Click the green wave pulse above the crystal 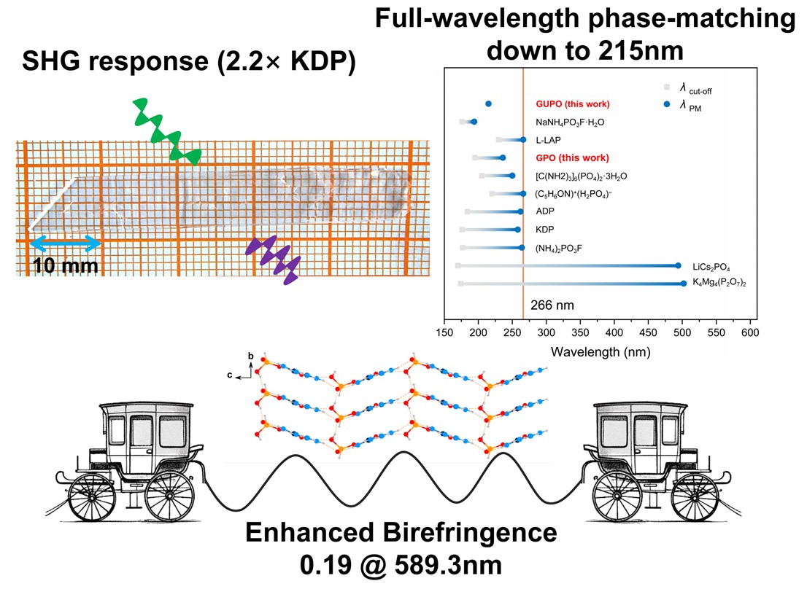166,132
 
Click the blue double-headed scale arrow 65,241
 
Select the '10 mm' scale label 66,265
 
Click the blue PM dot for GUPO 488,104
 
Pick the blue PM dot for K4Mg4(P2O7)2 683,284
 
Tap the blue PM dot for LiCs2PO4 678,266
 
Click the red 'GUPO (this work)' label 572,104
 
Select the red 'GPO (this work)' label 571,158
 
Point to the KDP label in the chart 544,230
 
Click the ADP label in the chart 544,212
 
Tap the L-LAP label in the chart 548,140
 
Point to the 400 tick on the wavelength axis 614,332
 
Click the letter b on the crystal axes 250,356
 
